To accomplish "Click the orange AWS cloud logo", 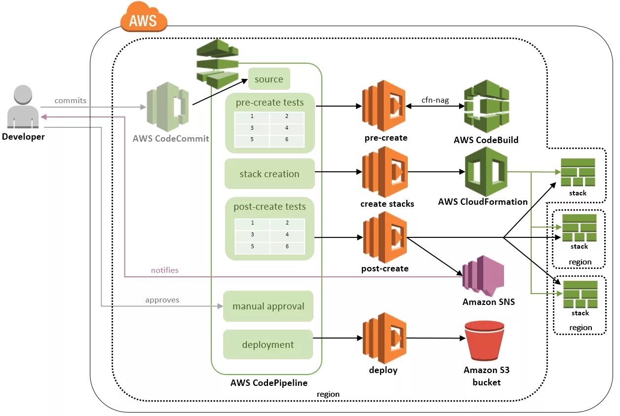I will pos(144,18).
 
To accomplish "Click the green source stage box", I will pos(269,79).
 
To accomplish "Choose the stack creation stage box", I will pos(270,174).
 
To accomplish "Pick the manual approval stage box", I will pos(269,306).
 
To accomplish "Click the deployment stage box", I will pos(268,345).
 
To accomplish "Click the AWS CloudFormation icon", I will pos(486,172).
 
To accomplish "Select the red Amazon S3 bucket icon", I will pos(484,340).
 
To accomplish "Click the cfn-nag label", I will pos(435,100).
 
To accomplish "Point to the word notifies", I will pos(164,270).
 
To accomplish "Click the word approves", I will pos(162,300).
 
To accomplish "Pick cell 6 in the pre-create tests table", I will pos(287,140).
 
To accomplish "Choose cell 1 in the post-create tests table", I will pos(252,223).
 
